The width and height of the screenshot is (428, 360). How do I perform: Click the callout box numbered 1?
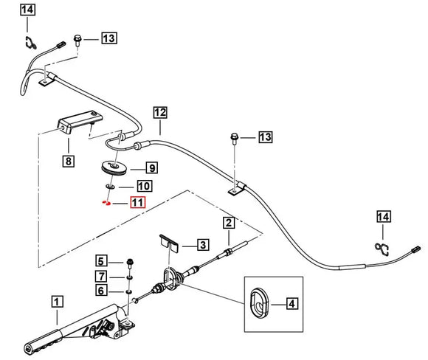coord(57,302)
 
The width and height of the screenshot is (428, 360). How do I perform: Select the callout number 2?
coord(229,223)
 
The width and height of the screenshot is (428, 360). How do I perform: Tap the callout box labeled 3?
coord(203,245)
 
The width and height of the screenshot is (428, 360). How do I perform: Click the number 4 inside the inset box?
coord(292,303)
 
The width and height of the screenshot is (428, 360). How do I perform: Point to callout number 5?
coord(101,261)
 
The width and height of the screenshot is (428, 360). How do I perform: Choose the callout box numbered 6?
coord(101,290)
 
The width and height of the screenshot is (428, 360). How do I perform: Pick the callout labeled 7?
coord(101,276)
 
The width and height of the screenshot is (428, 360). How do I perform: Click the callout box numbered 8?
coord(68,161)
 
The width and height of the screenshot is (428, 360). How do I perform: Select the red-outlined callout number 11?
coord(138,203)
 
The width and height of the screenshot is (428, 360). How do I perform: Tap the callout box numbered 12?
coord(160,112)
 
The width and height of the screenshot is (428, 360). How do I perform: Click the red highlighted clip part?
coord(106,203)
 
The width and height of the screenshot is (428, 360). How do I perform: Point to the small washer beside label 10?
coord(110,187)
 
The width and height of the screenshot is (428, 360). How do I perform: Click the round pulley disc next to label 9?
coord(114,168)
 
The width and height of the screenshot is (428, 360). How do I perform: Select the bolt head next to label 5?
coord(130,263)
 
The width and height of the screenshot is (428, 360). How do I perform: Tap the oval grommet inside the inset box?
coord(260,303)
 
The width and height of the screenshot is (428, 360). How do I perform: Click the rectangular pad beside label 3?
coord(170,243)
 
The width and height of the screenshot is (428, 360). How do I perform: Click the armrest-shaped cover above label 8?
coord(80,122)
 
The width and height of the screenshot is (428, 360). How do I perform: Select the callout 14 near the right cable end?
coord(384,217)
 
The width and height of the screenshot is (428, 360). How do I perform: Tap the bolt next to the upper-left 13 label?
coord(77,40)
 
